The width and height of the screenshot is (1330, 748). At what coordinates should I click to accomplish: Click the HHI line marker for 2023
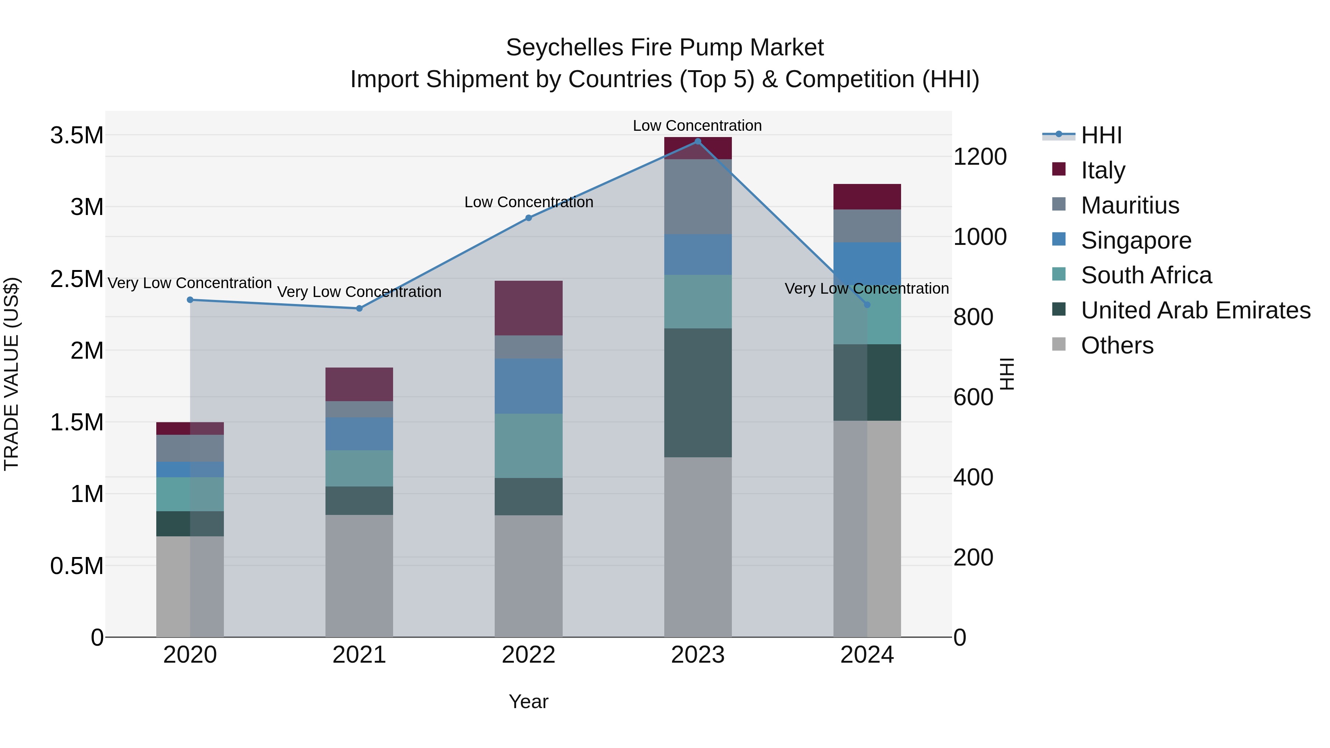(698, 141)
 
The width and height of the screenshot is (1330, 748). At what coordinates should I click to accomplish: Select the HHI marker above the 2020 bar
(190, 300)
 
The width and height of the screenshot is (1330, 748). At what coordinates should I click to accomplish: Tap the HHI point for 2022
(529, 218)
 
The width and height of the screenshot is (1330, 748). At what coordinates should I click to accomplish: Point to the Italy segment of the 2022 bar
(529, 308)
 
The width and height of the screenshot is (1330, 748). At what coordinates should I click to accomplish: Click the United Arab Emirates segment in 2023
(698, 392)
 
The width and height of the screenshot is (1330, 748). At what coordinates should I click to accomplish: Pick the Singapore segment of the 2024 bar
(867, 263)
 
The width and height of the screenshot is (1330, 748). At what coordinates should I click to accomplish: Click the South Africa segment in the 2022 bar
(529, 445)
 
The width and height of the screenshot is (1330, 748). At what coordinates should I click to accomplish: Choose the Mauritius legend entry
(1130, 205)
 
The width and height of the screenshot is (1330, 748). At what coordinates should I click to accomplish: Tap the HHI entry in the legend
(1101, 135)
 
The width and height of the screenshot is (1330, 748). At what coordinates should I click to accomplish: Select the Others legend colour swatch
(1058, 344)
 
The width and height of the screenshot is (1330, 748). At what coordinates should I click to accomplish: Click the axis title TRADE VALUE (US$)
(11, 374)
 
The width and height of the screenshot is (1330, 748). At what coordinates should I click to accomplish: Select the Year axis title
(529, 701)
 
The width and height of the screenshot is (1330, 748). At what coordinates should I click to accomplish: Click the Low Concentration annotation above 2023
(697, 126)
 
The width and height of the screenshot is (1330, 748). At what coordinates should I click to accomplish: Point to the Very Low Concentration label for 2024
(866, 288)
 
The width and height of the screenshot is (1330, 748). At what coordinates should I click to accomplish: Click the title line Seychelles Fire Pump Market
(665, 48)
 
